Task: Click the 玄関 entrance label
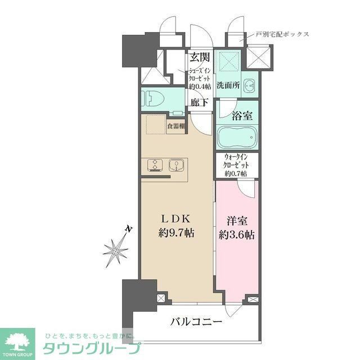click(200, 57)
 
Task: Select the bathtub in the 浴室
click(236, 137)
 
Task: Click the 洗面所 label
click(229, 85)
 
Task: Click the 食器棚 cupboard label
click(176, 126)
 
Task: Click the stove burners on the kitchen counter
click(154, 165)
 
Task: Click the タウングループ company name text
click(92, 348)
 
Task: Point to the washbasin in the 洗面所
click(251, 85)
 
